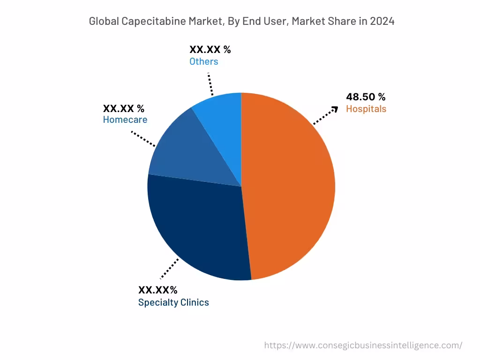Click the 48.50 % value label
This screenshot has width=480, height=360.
coord(366,97)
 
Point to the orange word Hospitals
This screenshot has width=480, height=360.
coord(366,109)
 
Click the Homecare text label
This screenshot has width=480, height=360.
coord(125,120)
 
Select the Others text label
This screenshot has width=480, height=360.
coord(203,61)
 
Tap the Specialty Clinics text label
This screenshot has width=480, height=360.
coord(173,302)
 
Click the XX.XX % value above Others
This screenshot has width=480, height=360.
coord(210,50)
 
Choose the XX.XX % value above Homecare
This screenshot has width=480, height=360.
coord(124,108)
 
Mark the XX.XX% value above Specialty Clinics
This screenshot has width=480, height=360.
coord(157,290)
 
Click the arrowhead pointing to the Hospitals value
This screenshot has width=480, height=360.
coord(334,109)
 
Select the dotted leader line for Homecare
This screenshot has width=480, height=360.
coord(143,139)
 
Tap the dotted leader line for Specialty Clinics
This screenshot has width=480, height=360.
coord(169,269)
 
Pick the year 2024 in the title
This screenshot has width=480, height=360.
coord(382,21)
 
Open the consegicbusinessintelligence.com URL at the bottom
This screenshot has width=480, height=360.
coord(363,345)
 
